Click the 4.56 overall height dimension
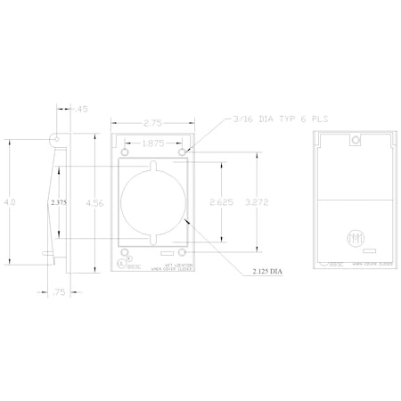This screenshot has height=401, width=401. [x=92, y=203]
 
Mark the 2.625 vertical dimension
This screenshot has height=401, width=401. [x=221, y=201]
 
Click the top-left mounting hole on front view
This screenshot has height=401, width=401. [x=123, y=152]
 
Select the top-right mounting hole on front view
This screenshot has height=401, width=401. [x=183, y=152]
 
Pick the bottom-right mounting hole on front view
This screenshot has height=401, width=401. [x=183, y=251]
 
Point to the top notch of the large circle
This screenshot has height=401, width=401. [x=152, y=164]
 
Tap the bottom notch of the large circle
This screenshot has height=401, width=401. [x=152, y=238]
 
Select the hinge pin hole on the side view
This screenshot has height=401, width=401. [x=56, y=141]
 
